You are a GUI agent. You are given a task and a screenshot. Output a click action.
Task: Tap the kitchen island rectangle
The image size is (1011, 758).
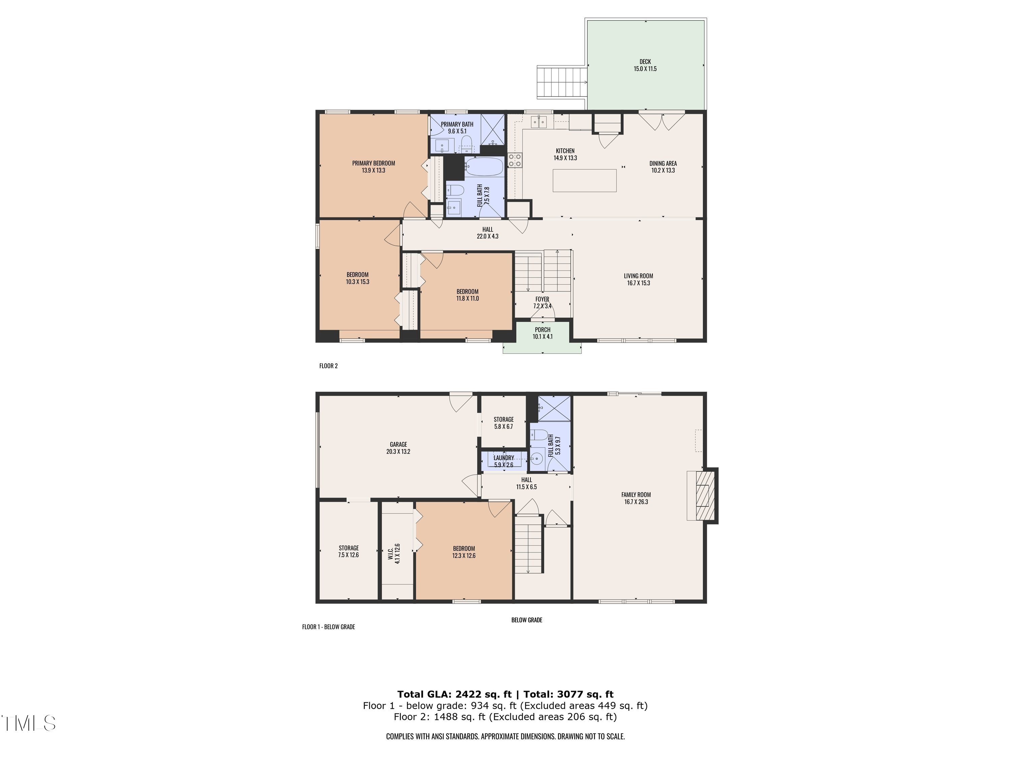pyautogui.click(x=585, y=181)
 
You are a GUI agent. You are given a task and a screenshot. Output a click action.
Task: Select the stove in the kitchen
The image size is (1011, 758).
pyautogui.click(x=515, y=159)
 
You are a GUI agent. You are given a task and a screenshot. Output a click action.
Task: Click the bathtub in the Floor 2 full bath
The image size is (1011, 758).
pyautogui.click(x=484, y=166)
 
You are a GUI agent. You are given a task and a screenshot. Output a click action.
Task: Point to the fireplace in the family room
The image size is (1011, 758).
pyautogui.click(x=703, y=496)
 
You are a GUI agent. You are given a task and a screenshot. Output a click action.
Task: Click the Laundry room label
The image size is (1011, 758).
pyautogui.click(x=504, y=458)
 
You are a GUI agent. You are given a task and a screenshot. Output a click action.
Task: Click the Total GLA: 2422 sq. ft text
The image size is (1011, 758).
pyautogui.click(x=454, y=694)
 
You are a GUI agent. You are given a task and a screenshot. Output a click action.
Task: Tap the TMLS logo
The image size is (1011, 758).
pyautogui.click(x=28, y=723)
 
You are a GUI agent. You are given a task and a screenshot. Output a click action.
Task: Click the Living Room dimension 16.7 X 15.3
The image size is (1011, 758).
pyautogui.click(x=639, y=283)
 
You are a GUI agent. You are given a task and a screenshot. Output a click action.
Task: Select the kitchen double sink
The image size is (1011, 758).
pyautogui.click(x=539, y=122)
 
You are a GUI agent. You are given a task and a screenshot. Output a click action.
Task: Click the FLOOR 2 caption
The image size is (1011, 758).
pyautogui.click(x=328, y=366)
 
